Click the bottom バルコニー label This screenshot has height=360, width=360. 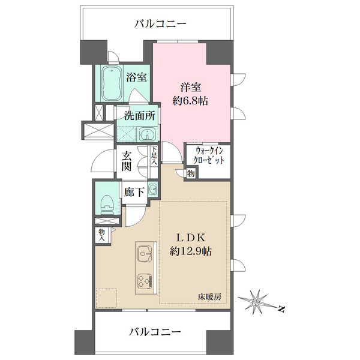coord(158,331)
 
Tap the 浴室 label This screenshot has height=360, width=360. coord(136,77)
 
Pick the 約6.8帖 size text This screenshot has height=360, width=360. coord(191,101)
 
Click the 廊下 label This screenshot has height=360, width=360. coord(133,192)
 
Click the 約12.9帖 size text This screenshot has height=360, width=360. coord(190,250)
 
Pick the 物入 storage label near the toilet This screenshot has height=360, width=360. coord(101,234)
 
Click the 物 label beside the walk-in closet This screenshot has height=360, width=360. coord(190,174)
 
